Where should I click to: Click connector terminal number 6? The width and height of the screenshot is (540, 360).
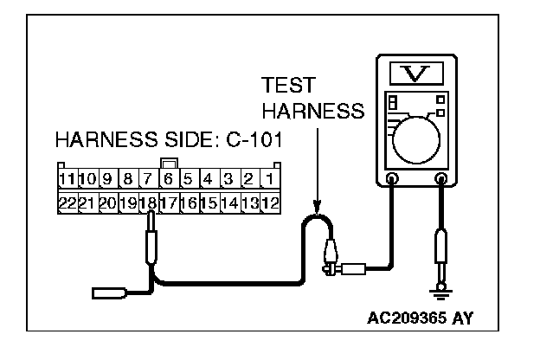[168, 180]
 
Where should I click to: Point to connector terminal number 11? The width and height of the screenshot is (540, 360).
[66, 180]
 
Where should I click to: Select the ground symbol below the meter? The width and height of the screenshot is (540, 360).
[443, 286]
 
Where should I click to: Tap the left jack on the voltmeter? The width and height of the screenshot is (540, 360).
[392, 180]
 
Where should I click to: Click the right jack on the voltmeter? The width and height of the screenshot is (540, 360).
[442, 180]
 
